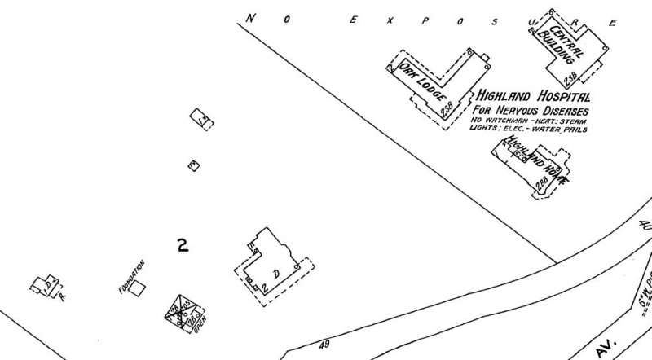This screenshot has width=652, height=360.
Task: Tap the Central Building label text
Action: [x=566, y=43]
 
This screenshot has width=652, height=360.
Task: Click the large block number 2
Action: [x=183, y=244]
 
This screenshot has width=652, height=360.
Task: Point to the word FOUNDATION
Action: [x=131, y=276]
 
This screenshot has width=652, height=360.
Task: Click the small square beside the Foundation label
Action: [x=139, y=288]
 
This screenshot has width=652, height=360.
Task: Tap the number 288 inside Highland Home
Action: [x=540, y=184]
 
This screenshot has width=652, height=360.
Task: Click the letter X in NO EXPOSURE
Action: [x=390, y=21]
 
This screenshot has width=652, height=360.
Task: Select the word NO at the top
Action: [x=255, y=15]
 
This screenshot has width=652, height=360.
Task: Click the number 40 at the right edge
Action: [x=646, y=226]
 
